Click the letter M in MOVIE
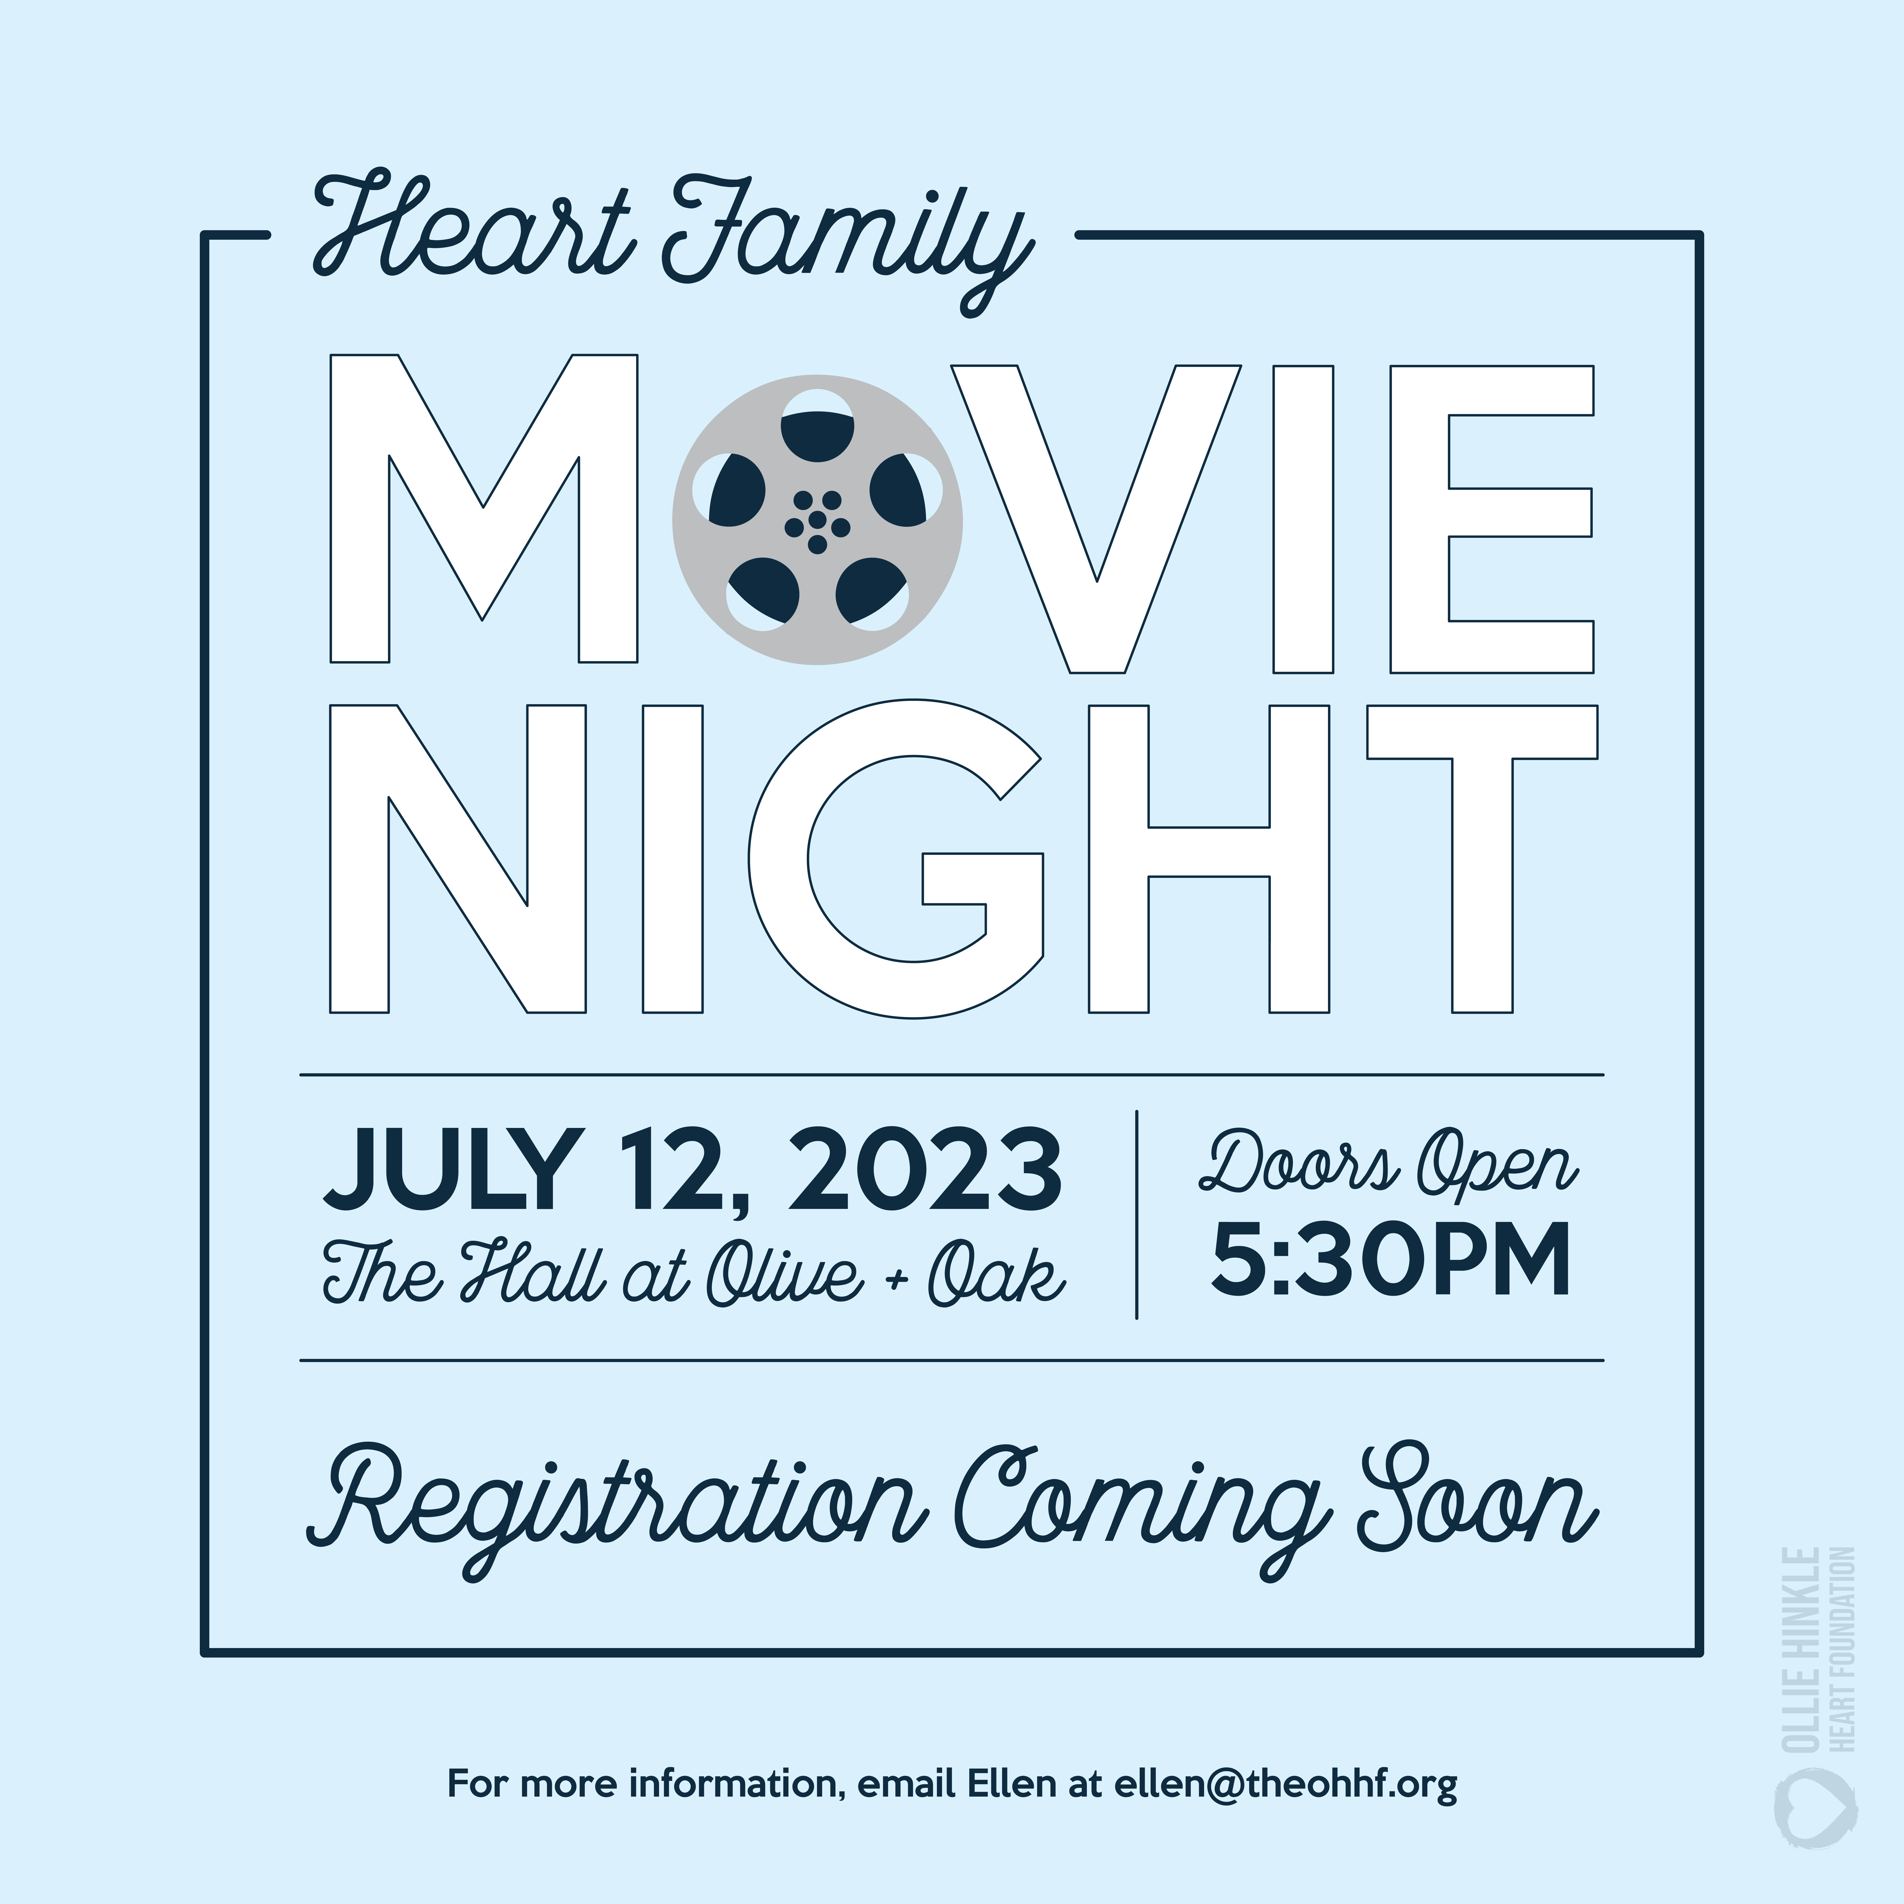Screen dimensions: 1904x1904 483,508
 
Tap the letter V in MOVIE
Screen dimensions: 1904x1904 1096,519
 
